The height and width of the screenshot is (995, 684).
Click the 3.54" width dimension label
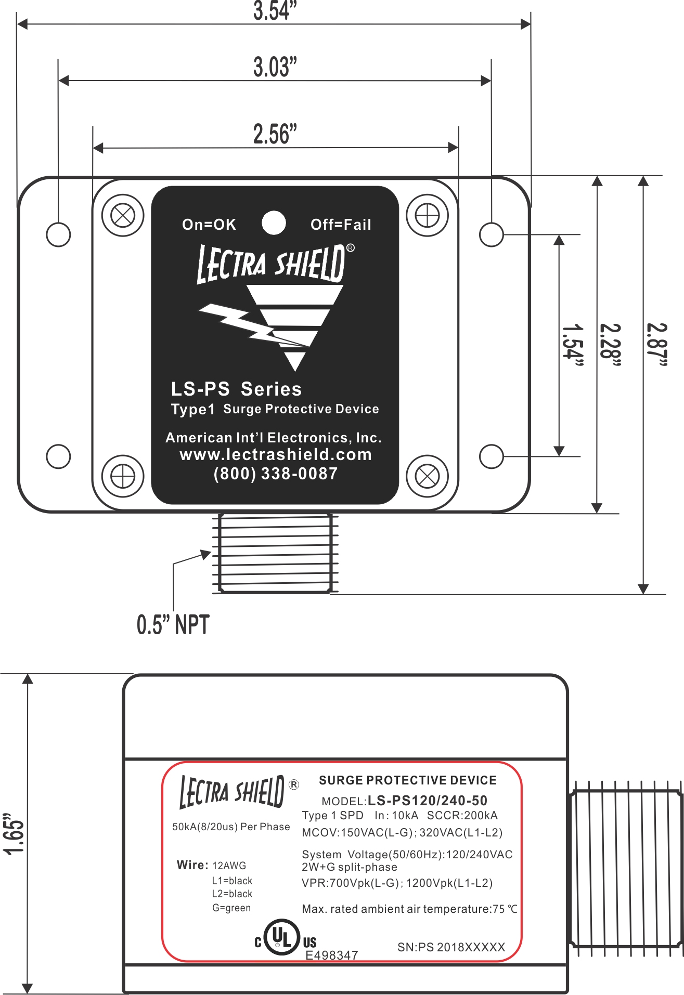(x=275, y=11)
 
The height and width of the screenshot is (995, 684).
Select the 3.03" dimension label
(x=275, y=67)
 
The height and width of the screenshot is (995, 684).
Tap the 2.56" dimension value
(x=275, y=134)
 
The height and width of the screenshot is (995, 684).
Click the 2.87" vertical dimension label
(x=656, y=345)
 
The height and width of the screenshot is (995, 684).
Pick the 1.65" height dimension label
(x=14, y=833)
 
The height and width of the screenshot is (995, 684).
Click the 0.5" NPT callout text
(x=173, y=624)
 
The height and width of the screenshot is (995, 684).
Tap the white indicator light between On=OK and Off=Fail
(x=274, y=222)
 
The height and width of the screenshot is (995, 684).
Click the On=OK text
(x=209, y=225)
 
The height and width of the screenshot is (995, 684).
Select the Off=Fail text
(x=341, y=225)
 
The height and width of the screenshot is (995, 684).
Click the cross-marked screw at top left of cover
(x=123, y=215)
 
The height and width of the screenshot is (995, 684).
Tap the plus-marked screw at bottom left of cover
(x=123, y=476)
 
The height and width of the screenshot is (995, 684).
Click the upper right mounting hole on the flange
(x=491, y=234)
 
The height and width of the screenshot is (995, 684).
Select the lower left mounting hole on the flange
(x=58, y=456)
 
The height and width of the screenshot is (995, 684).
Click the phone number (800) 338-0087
(x=276, y=474)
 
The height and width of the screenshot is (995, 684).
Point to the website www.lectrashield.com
(x=276, y=454)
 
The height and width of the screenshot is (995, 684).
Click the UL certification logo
(x=283, y=938)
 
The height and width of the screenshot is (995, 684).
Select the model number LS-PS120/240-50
(x=428, y=801)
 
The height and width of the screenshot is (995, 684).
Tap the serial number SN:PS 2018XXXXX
(x=451, y=947)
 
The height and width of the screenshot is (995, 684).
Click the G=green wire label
(x=231, y=908)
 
